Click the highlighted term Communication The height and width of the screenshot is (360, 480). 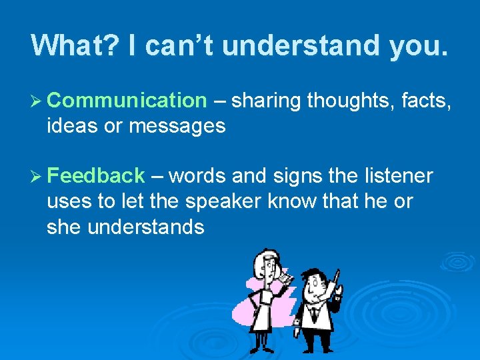(127, 101)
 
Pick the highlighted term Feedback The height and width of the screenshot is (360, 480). (96, 176)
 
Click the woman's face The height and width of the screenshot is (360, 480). (268, 266)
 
